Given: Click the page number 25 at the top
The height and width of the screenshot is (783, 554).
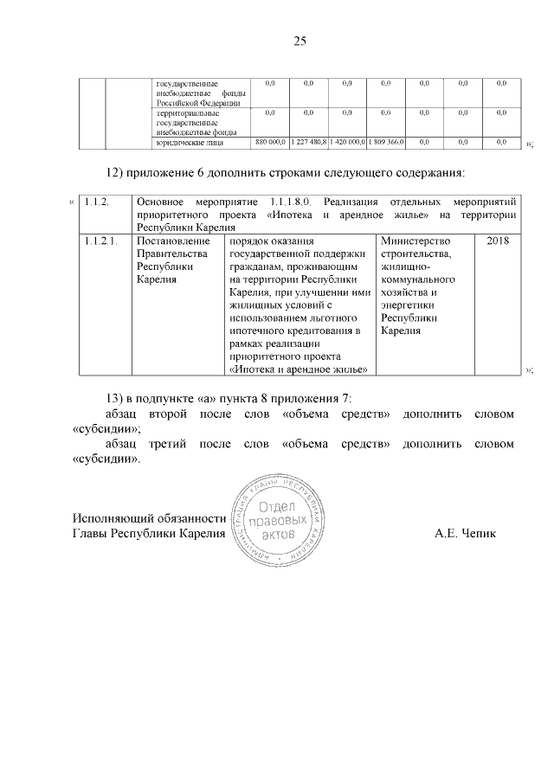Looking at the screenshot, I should (x=300, y=41).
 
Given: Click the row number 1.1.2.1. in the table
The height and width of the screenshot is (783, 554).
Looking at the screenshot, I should (x=104, y=240).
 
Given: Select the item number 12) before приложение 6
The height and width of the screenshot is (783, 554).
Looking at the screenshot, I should (x=115, y=171).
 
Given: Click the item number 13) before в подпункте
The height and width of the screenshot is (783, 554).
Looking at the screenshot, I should (x=115, y=398).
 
